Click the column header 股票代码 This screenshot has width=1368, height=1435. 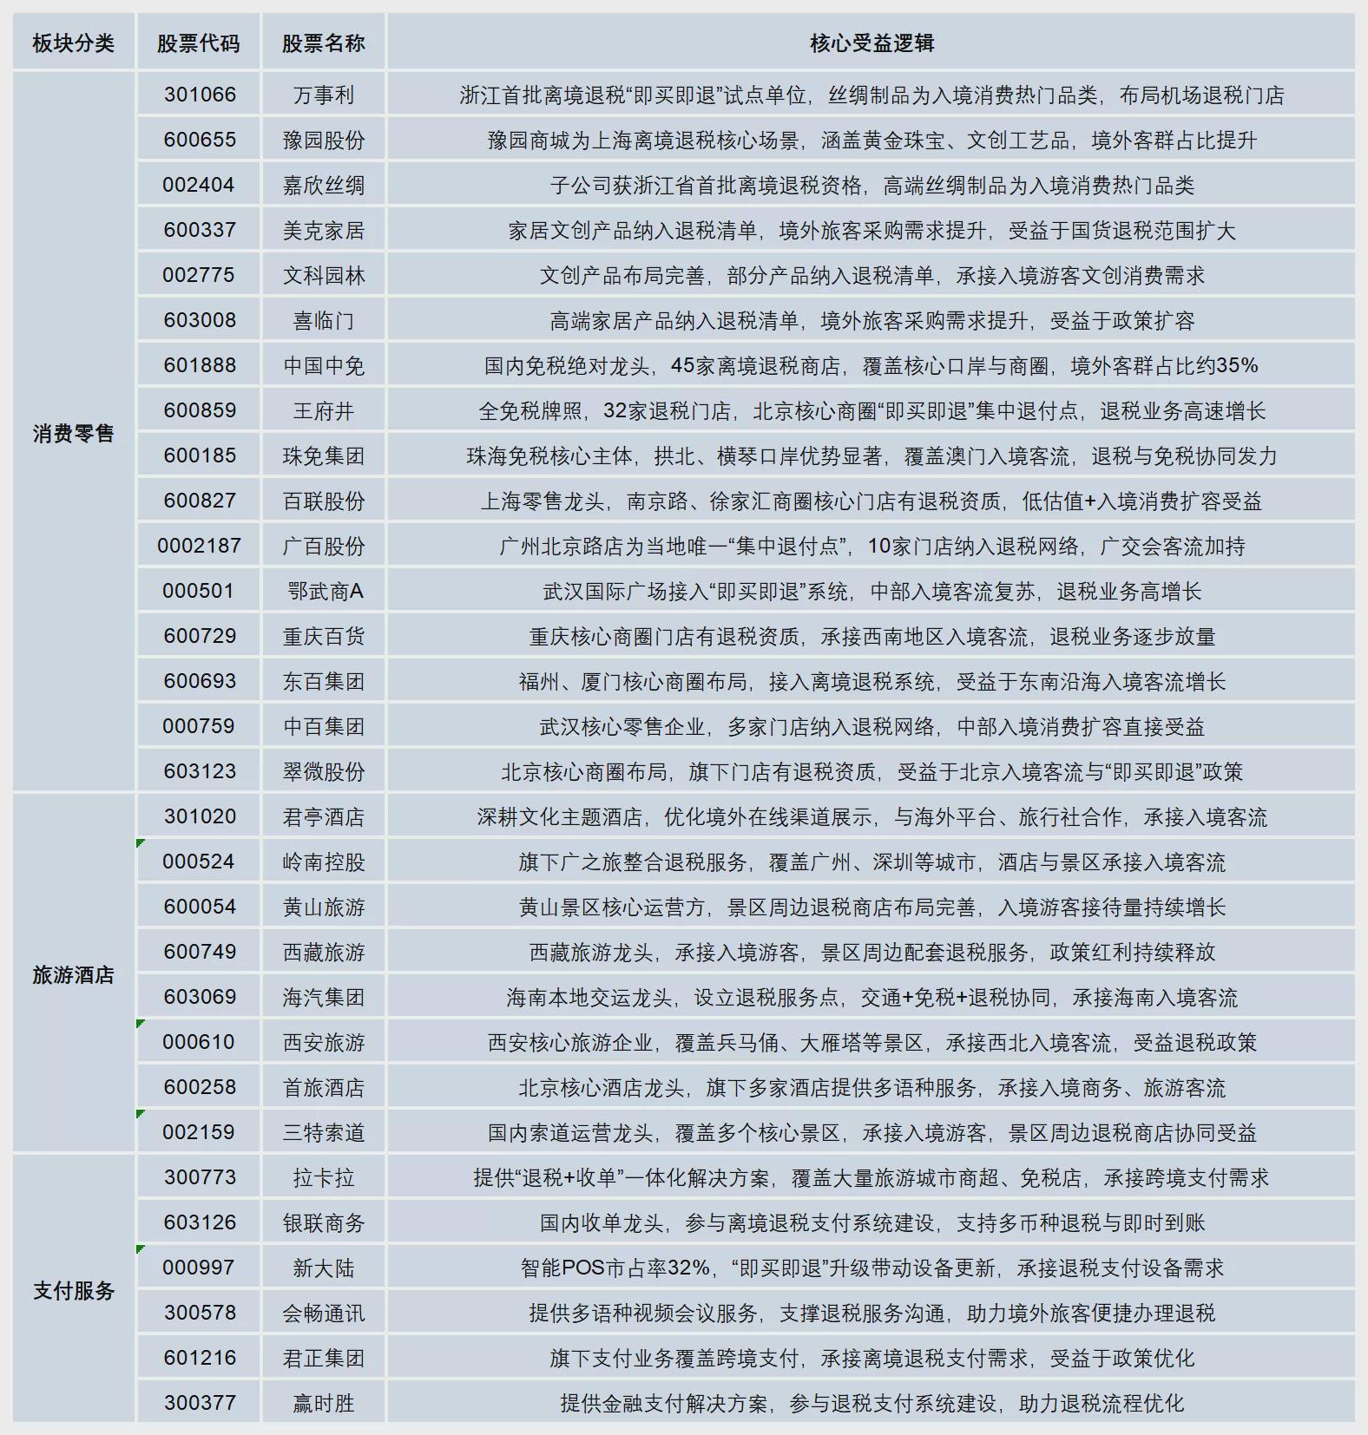click(198, 43)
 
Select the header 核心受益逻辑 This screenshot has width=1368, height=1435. click(871, 43)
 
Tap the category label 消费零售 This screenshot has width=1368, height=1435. click(74, 433)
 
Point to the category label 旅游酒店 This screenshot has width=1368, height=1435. click(74, 974)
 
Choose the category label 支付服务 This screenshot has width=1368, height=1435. click(74, 1290)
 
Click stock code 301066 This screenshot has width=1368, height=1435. click(200, 95)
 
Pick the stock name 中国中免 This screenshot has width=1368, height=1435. click(324, 365)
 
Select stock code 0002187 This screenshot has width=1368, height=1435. click(199, 546)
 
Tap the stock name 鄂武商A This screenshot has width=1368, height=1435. click(324, 591)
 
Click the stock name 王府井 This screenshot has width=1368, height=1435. click(324, 410)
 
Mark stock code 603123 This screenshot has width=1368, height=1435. click(200, 771)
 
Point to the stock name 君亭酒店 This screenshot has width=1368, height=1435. click(324, 816)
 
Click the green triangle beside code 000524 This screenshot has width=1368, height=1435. click(141, 842)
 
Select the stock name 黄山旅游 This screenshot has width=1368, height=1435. click(324, 907)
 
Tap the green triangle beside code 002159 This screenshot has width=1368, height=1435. click(141, 1113)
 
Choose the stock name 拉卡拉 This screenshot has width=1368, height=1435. click(324, 1177)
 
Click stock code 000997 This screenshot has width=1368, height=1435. click(199, 1268)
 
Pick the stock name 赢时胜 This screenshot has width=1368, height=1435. click(324, 1403)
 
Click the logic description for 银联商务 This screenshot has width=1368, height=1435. click(871, 1222)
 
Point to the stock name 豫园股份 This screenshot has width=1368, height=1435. click(324, 140)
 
